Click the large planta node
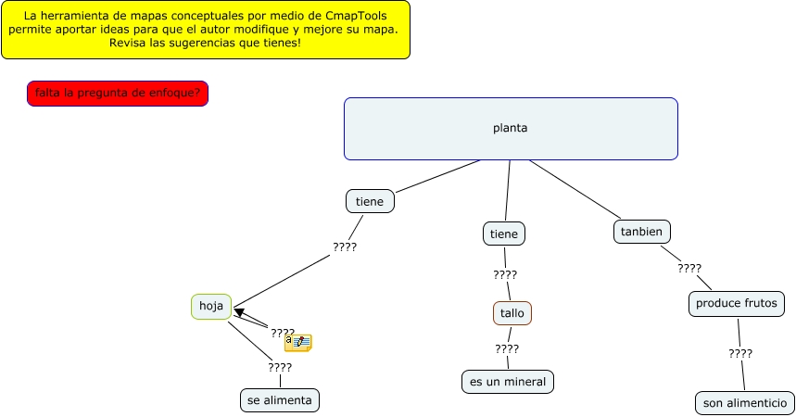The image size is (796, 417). coord(511,129)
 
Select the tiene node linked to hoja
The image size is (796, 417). coord(370,201)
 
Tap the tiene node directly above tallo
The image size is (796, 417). coord(504,234)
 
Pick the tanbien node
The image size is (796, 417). coord(642,232)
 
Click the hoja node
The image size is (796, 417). coord(211,307)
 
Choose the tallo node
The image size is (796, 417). coord(512,313)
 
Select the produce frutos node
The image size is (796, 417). coord(739,303)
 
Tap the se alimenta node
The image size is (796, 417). coord(280,400)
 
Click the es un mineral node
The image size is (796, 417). coord(508,381)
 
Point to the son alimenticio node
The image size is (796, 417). coord(744,403)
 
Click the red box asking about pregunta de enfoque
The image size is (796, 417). coord(118,94)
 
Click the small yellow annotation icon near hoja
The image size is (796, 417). coord(297,343)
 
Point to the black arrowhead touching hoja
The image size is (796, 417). coord(239,312)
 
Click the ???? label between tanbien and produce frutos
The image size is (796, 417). coord(689,269)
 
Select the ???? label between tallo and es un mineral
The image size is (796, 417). coord(507,349)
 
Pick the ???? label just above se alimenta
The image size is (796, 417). coord(280,368)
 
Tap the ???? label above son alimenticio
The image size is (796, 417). coord(740,353)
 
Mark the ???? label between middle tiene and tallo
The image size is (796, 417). coord(505,275)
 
